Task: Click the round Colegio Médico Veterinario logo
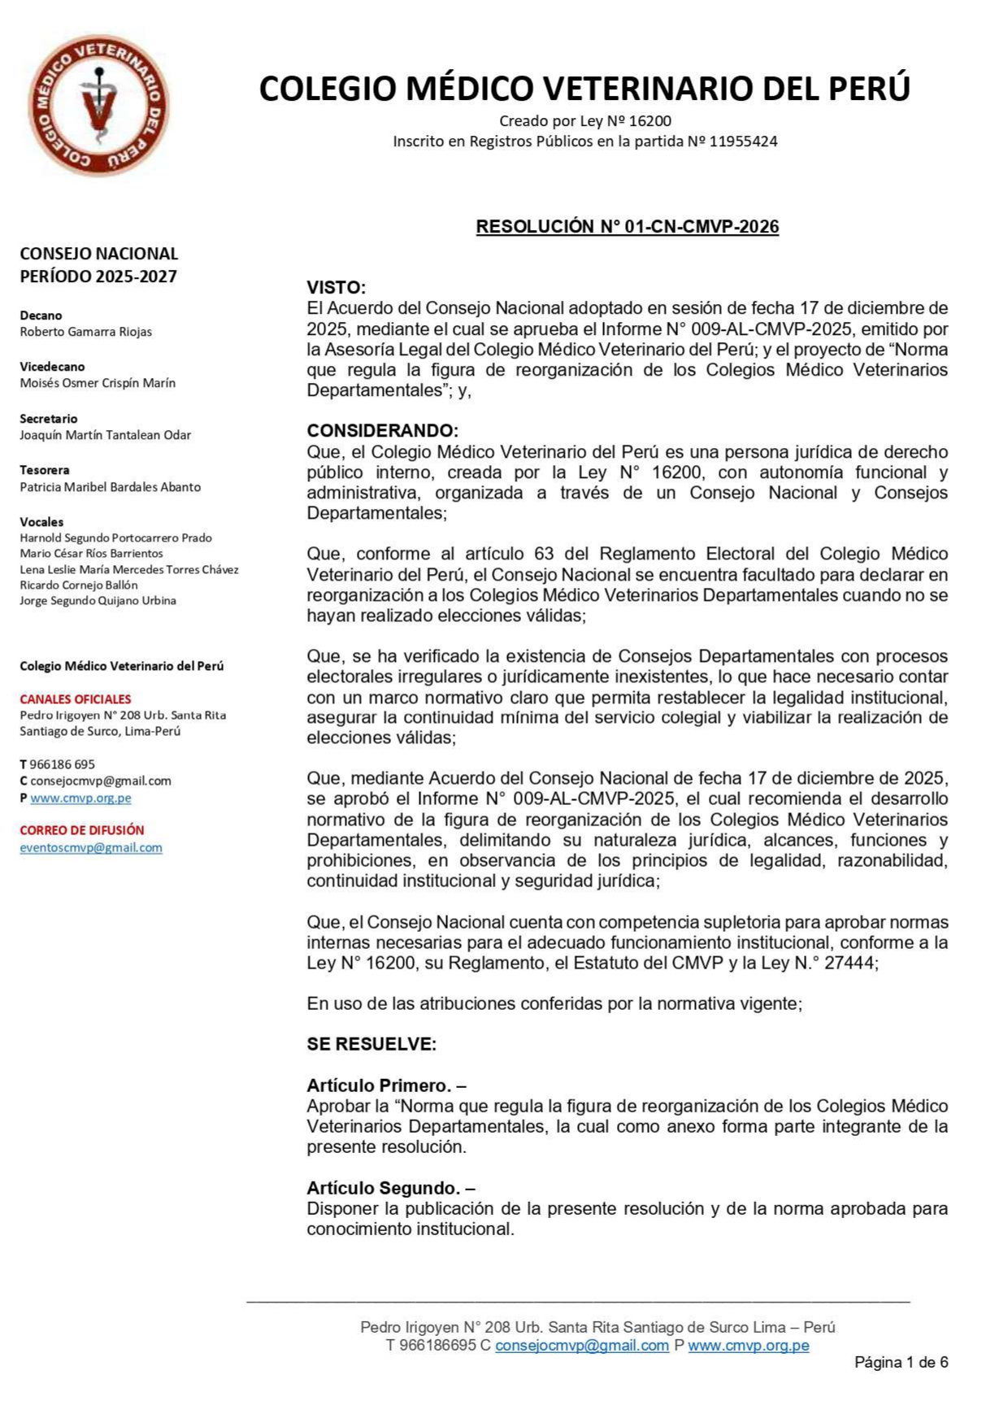click(98, 105)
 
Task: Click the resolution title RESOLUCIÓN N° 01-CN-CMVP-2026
click(627, 227)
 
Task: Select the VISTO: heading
click(336, 288)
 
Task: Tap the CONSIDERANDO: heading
click(382, 431)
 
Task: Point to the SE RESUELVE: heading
click(371, 1044)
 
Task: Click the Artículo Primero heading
click(386, 1085)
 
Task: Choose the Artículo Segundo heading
click(391, 1188)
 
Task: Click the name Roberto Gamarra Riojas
click(85, 332)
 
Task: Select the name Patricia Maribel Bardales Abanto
click(110, 487)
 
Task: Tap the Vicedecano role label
click(52, 367)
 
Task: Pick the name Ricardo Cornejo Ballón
click(79, 585)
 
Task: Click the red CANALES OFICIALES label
click(76, 699)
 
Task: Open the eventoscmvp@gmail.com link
click(91, 847)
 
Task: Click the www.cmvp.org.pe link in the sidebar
click(80, 798)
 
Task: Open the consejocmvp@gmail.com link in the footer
click(582, 1345)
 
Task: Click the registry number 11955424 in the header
click(743, 141)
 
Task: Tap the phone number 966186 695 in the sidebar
click(62, 764)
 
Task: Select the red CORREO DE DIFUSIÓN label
click(82, 830)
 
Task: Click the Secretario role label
click(49, 419)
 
